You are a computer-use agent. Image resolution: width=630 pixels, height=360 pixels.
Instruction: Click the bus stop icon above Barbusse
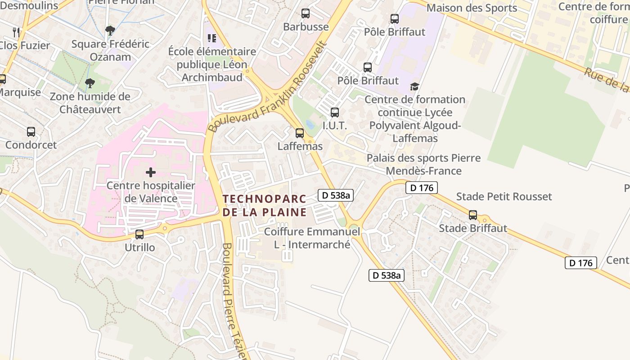point(306,13)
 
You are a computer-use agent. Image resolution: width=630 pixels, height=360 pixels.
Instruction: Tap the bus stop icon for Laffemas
point(300,133)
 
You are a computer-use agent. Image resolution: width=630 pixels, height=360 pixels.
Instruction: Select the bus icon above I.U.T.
point(335,112)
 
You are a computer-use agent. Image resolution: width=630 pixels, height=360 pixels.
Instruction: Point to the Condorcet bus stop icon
point(31,132)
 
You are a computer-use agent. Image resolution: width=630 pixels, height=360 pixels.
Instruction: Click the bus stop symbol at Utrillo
point(139,234)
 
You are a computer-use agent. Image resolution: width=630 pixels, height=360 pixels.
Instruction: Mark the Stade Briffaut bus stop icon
point(473,215)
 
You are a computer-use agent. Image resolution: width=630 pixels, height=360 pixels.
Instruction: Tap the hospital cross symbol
point(151,172)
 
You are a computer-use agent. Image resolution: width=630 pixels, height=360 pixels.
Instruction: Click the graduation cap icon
point(414,86)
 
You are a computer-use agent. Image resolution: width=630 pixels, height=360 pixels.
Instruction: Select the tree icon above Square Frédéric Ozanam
point(110,31)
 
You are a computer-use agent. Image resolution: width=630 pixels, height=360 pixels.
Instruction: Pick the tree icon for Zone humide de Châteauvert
point(90,83)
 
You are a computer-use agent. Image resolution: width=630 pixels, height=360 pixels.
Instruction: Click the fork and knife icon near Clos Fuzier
point(17,32)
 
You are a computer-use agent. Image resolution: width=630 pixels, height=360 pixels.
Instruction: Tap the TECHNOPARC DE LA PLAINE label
point(265,205)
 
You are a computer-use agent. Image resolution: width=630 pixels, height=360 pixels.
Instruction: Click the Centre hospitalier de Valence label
point(151,192)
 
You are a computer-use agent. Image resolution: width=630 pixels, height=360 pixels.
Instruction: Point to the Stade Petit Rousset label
point(504,197)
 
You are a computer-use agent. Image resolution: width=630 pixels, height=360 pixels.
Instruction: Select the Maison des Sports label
point(472,8)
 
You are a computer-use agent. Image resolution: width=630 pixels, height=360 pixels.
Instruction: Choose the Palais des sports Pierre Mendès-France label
point(423,164)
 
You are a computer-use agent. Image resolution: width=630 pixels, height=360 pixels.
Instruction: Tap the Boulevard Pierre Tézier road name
point(234,301)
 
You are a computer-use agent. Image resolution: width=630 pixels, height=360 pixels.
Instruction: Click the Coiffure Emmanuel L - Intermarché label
point(312,238)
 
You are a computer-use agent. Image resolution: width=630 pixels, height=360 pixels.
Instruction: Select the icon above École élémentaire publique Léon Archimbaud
point(211,38)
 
